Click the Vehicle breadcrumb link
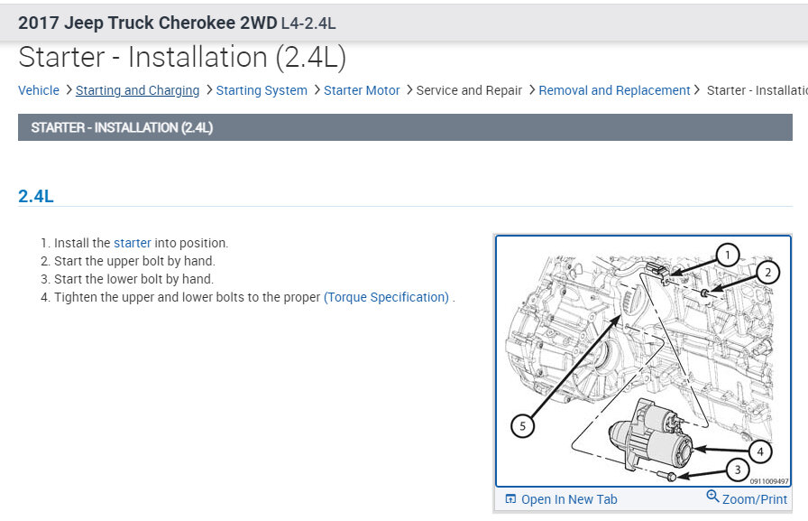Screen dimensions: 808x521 click(x=39, y=90)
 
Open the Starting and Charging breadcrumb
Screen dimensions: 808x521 click(x=138, y=91)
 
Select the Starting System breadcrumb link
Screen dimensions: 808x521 click(x=262, y=91)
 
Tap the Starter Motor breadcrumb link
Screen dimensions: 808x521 click(x=362, y=90)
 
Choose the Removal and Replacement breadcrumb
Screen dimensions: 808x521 click(x=614, y=91)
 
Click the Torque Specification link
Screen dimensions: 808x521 click(x=387, y=297)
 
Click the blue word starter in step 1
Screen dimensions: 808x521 click(x=133, y=243)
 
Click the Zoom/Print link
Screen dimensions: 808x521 click(x=755, y=499)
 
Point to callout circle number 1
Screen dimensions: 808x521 click(x=727, y=255)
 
